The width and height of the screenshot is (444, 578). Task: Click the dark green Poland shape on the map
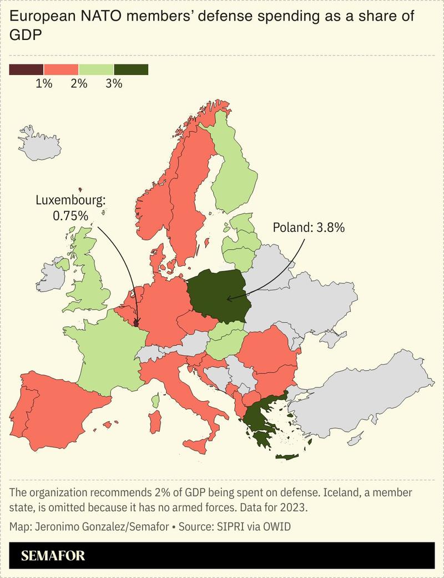216,295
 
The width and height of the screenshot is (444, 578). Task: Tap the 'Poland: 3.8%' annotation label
309,227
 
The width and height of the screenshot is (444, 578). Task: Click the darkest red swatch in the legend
26,69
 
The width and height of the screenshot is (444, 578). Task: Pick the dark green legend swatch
131,69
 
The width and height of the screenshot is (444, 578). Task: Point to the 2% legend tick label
79,84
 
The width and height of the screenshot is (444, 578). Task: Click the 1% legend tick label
44,84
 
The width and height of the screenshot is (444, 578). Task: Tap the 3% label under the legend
114,84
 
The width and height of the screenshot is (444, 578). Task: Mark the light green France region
111,356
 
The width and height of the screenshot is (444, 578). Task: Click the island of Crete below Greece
287,456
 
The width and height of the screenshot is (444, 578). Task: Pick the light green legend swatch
96,69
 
